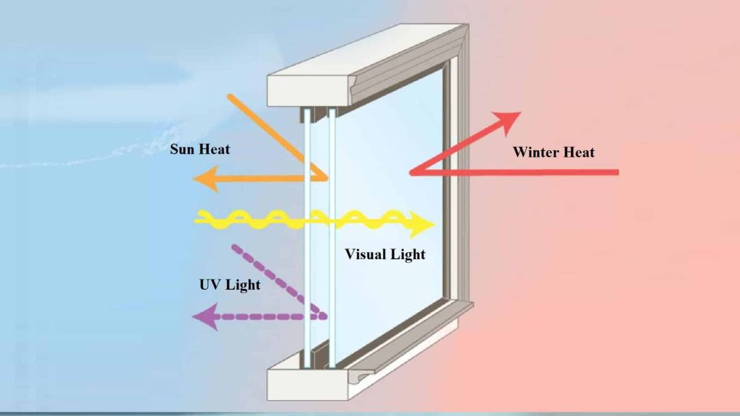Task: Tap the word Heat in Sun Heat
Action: tap(214, 149)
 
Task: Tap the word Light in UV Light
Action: tap(242, 285)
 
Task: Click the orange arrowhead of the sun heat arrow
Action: tap(206, 179)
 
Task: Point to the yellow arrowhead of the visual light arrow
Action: tap(421, 225)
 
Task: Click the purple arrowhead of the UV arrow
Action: tap(206, 316)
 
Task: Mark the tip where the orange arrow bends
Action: tap(326, 178)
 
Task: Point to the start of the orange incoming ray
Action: tap(229, 97)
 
